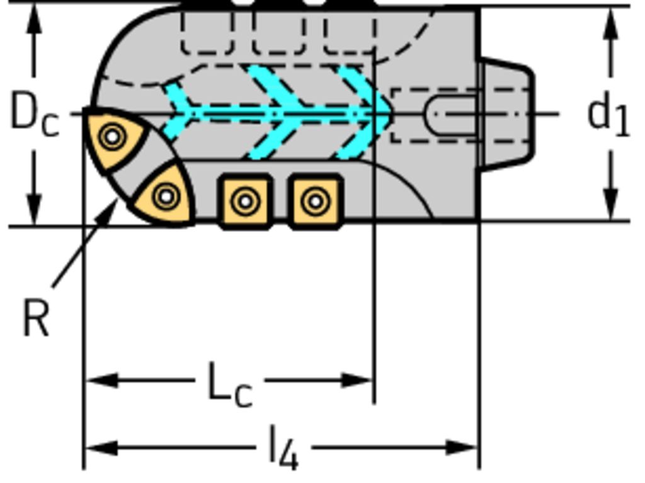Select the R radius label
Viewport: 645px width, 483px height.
[36, 317]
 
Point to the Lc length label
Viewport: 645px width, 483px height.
[230, 385]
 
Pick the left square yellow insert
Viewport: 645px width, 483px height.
[246, 201]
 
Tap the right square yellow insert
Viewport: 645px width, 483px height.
[316, 201]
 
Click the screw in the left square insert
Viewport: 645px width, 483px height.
[246, 202]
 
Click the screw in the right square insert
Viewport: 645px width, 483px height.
[316, 202]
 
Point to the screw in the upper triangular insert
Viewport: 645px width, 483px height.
[113, 137]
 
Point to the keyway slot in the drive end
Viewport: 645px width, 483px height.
[451, 114]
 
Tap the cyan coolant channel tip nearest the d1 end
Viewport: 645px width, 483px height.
[382, 110]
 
